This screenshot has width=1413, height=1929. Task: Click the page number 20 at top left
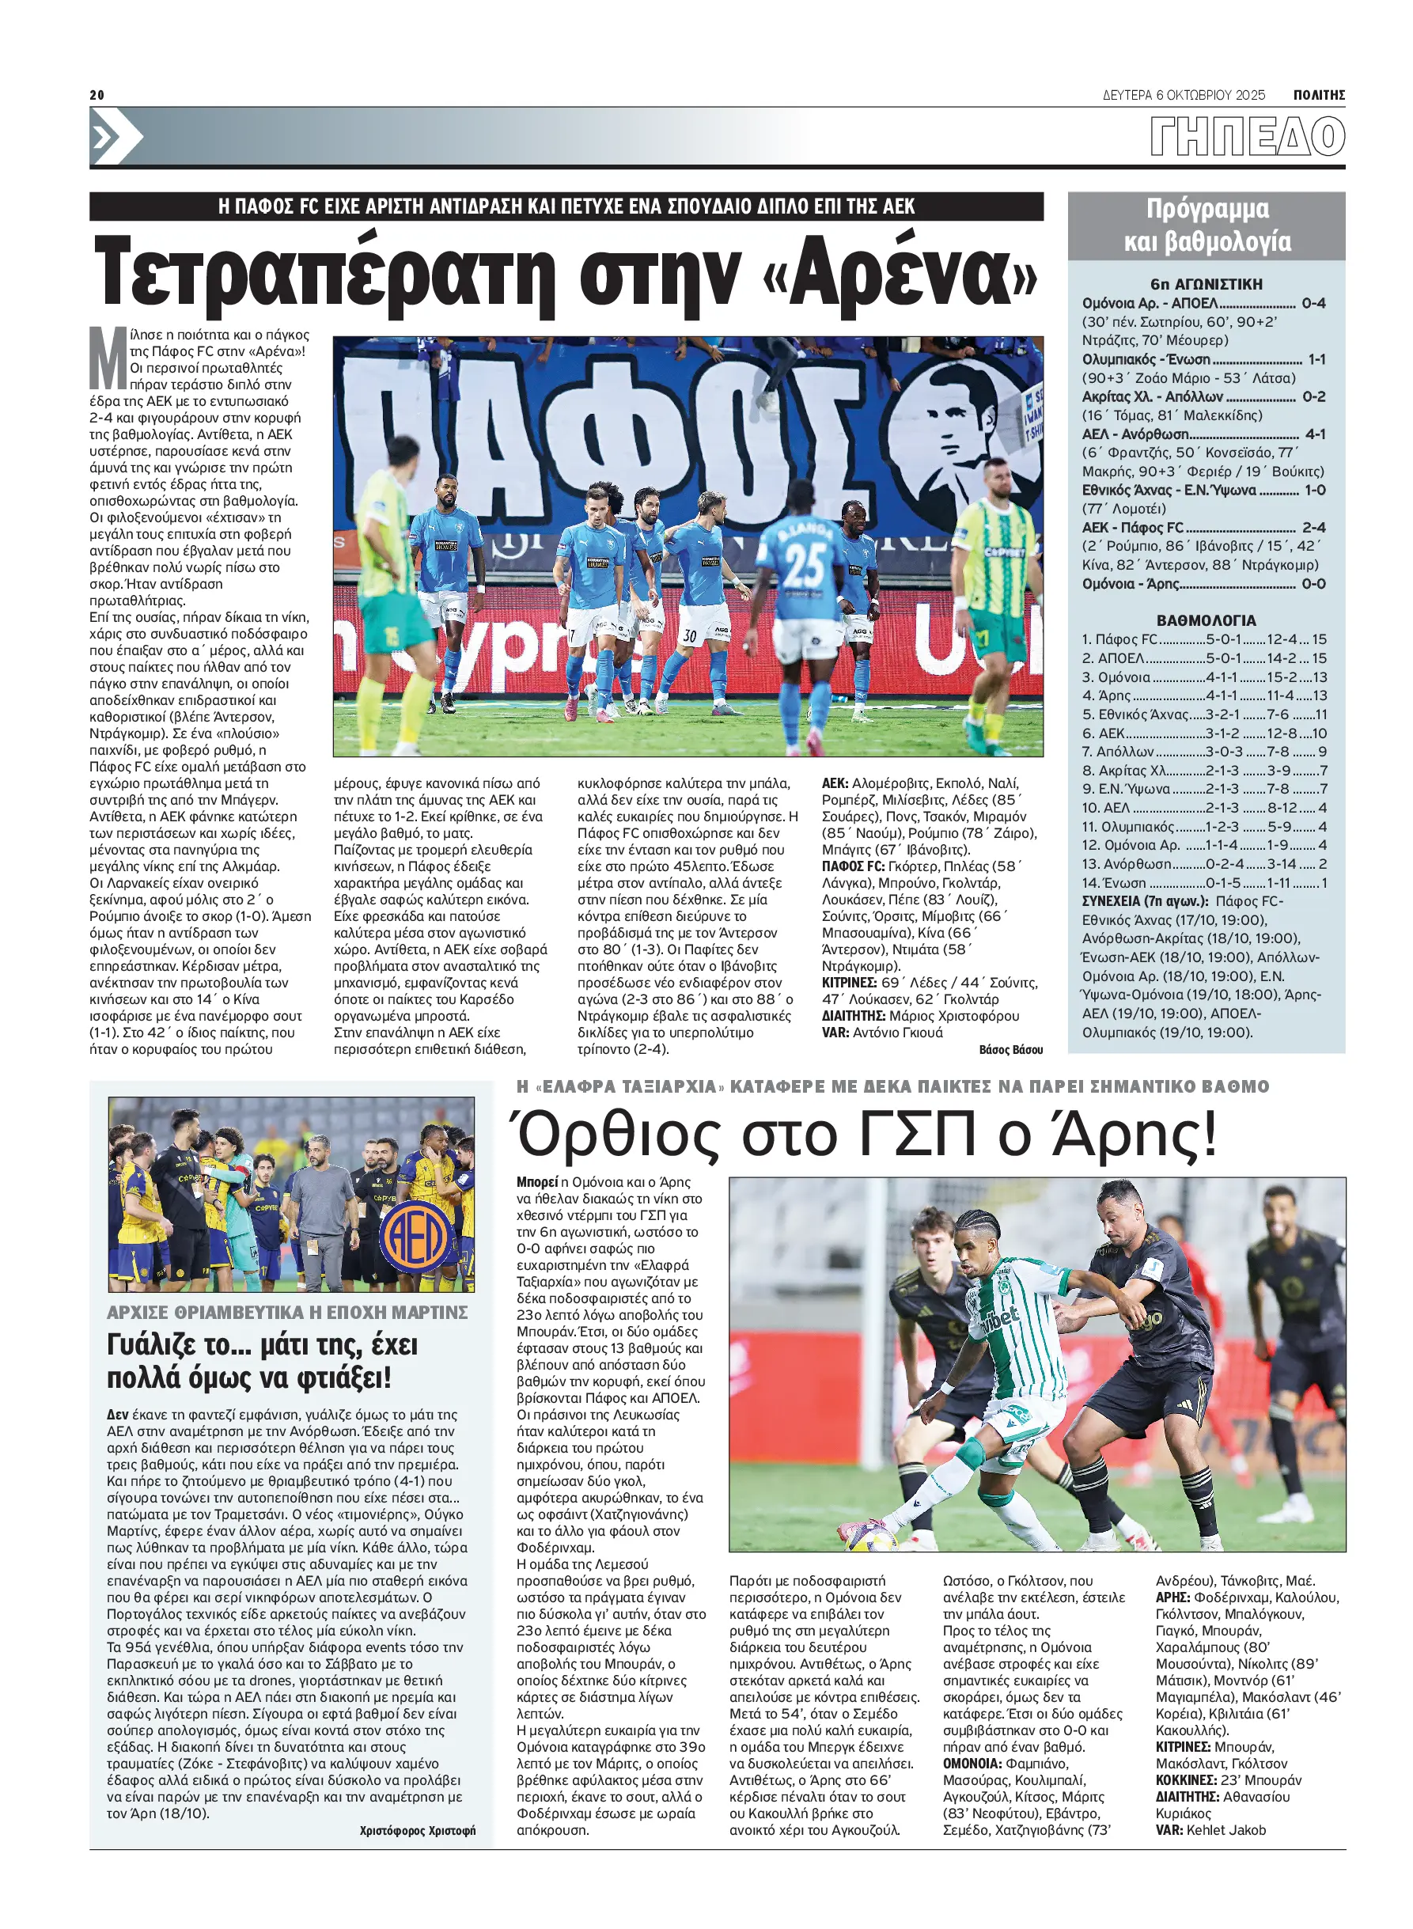(97, 95)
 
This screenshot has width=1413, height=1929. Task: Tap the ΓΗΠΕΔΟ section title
(1247, 137)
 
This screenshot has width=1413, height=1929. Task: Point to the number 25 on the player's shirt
(804, 566)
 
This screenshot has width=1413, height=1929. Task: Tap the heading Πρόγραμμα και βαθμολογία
(1206, 225)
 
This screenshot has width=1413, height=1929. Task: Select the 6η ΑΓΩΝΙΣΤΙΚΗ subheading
(1206, 284)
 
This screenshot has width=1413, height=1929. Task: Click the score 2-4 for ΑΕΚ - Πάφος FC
(1313, 528)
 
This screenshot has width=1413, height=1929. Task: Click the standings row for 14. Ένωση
(1204, 883)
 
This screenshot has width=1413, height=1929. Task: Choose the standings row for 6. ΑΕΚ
(1204, 733)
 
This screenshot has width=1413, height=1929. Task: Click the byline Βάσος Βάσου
(1010, 1050)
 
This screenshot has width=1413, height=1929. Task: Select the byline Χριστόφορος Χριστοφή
(417, 1831)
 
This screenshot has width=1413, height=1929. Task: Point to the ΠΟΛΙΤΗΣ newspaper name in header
(1318, 95)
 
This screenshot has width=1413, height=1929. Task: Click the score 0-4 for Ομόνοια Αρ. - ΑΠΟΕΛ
(1313, 303)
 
